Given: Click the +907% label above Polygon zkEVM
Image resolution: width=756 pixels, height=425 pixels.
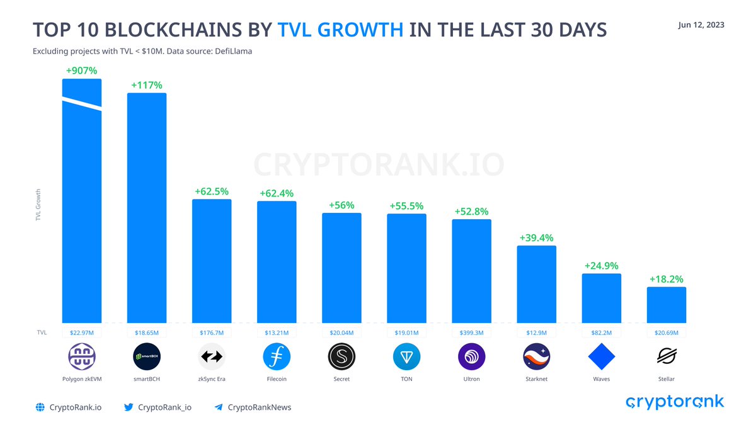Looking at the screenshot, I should (82, 71).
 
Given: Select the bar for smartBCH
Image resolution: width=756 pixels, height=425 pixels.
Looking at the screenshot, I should (147, 208).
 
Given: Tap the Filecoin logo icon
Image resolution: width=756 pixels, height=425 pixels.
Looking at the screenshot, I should (277, 357).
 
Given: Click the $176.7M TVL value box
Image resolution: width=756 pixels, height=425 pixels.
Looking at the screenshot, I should (212, 332).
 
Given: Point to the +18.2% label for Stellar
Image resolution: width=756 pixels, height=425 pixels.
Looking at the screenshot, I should (667, 279).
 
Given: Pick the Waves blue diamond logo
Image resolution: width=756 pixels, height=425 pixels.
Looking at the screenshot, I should (601, 357).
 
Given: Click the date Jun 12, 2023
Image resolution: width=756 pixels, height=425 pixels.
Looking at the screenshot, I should (701, 25).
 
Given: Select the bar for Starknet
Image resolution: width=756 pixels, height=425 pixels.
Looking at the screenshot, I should (536, 284).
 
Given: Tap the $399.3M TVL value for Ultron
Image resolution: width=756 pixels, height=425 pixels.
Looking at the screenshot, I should (471, 332).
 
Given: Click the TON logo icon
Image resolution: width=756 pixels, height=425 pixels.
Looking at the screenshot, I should (406, 357).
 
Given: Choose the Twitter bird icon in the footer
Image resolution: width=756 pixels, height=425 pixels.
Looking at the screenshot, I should (129, 407).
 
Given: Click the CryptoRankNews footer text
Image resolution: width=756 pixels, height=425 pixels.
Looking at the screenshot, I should (259, 407).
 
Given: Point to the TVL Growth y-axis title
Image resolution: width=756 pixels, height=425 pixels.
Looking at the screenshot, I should (38, 205).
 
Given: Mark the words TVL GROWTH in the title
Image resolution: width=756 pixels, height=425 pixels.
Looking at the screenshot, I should (340, 30).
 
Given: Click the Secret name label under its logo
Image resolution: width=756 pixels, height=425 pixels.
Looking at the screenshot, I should (341, 379).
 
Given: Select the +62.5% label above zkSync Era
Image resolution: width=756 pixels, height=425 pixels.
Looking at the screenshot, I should (212, 191).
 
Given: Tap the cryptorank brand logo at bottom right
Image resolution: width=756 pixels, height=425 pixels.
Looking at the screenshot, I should (675, 402).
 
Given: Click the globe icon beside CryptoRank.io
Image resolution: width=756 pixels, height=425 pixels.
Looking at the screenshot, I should (40, 407).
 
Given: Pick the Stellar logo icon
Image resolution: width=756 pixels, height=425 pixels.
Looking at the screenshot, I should (667, 357).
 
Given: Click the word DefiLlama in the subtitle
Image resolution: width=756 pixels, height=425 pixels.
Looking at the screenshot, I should (232, 51).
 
